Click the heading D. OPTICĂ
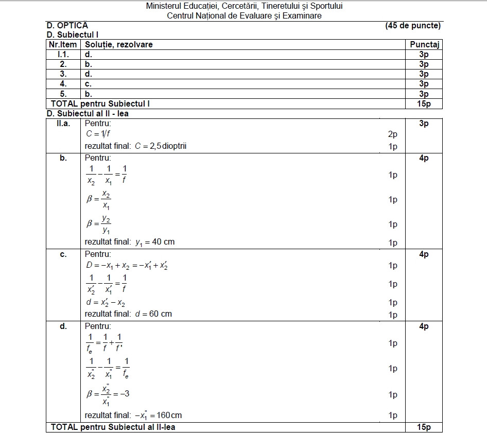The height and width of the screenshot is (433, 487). (67, 25)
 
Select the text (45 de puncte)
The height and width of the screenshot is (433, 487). (412, 25)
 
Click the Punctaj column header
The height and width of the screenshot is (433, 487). (424, 44)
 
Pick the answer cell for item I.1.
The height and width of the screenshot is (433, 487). (89, 54)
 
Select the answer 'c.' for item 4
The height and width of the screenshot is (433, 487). (89, 83)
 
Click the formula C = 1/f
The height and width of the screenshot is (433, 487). (99, 134)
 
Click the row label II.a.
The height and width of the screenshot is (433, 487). (63, 124)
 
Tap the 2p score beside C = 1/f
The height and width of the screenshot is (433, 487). (393, 134)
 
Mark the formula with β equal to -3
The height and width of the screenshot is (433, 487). (108, 395)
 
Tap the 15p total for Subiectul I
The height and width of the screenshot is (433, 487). (424, 104)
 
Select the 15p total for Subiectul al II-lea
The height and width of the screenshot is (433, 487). (424, 427)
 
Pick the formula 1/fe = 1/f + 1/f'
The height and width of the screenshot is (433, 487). (105, 342)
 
